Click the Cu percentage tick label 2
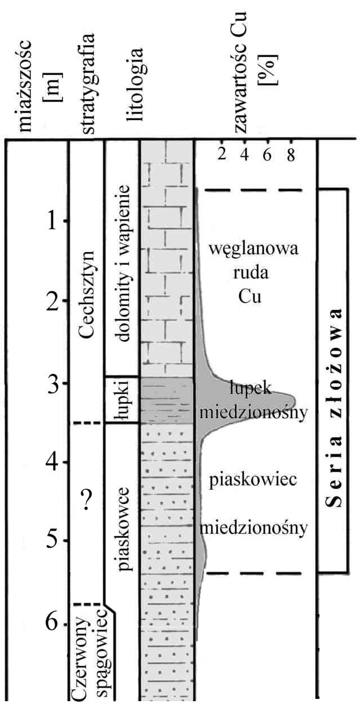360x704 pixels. (222, 154)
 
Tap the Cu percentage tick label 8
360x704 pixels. (290, 154)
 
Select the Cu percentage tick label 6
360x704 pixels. (268, 154)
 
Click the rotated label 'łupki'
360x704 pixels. (122, 400)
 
